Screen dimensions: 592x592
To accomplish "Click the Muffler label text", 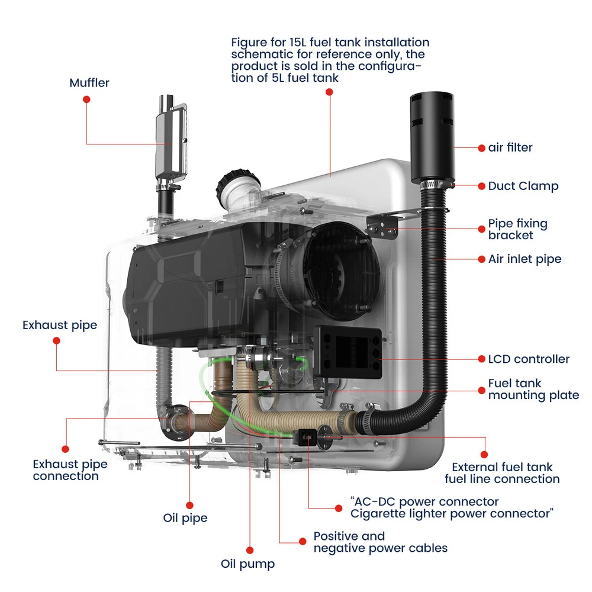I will tap(89, 83).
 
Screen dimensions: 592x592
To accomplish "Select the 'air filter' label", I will tap(510, 147).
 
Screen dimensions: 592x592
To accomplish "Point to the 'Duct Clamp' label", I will tap(523, 186).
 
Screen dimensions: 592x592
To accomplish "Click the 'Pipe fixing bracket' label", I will tap(517, 230).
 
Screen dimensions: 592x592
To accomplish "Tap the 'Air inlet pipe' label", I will tap(525, 259).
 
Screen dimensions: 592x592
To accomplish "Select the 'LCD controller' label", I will tap(529, 359).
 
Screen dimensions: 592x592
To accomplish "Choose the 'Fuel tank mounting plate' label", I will tap(533, 390).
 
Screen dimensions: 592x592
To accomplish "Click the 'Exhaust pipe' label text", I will tap(60, 325).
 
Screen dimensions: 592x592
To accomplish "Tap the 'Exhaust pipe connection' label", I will tap(66, 470).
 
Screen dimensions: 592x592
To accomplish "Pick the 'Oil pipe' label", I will tap(185, 518).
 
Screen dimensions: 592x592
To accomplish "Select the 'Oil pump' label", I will tap(247, 564).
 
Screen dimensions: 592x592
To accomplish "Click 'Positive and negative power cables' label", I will tap(380, 542).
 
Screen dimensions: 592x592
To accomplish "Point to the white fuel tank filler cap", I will tap(238, 182).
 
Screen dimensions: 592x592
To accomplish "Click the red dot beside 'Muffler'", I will tap(86, 99).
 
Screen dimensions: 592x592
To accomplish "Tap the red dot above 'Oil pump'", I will tap(249, 549).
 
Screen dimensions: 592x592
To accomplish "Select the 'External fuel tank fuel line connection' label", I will tap(502, 472).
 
